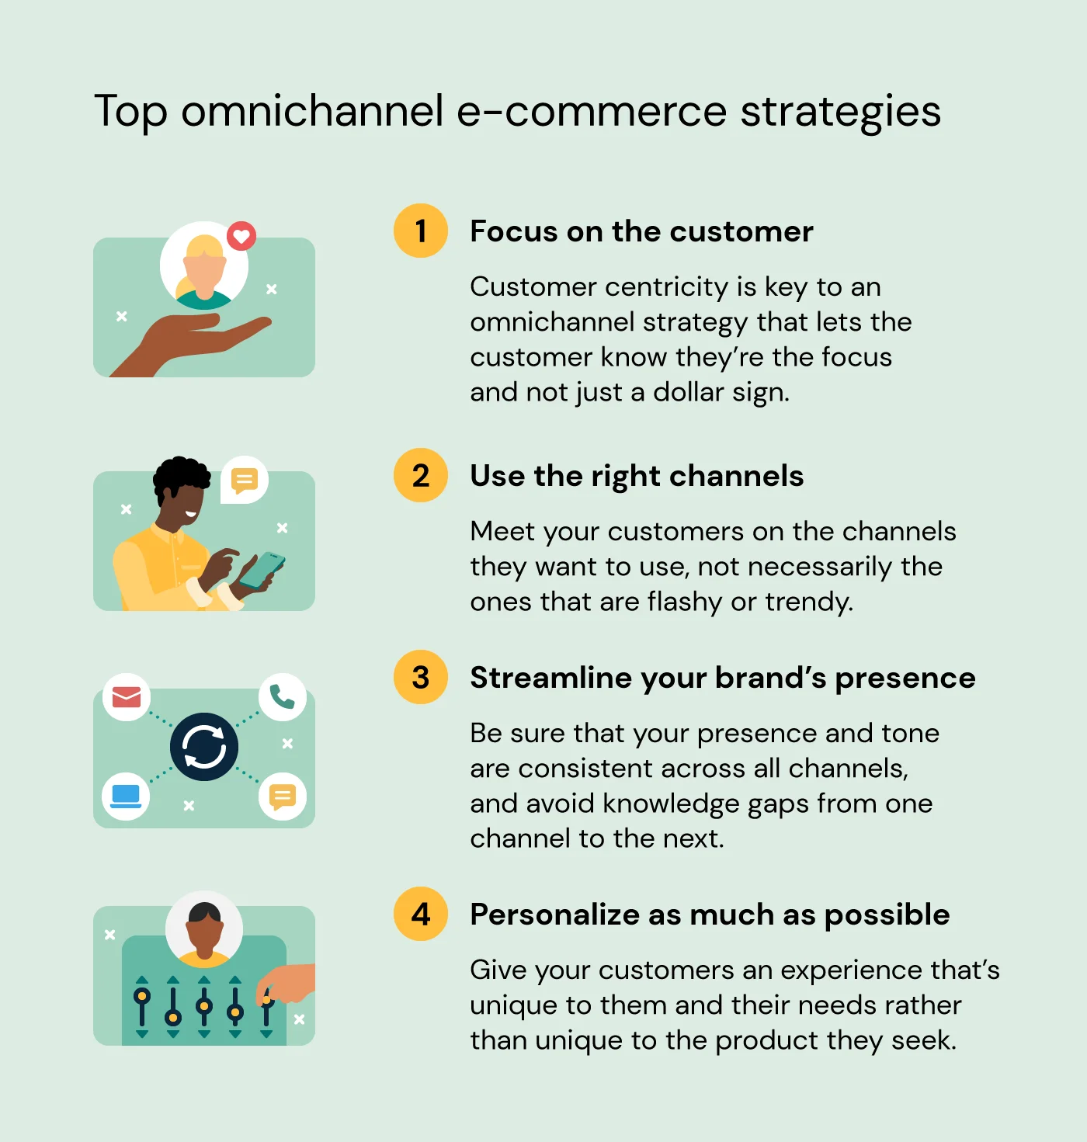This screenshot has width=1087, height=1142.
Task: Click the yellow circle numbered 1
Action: coord(421,231)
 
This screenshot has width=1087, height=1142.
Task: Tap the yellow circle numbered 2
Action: coord(421,475)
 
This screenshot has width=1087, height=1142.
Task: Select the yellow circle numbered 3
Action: coord(421,677)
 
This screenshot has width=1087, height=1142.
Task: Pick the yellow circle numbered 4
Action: coord(421,914)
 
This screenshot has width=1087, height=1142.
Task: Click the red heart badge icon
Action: coord(241,236)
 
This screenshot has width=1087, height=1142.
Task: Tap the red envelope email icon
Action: coord(126,697)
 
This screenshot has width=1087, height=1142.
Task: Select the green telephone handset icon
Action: coord(283,697)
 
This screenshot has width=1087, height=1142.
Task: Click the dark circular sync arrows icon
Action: coord(204,746)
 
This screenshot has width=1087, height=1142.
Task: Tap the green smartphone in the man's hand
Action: coord(262,570)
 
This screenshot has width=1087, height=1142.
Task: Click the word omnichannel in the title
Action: coord(313,110)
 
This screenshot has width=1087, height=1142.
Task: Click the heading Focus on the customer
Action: coord(641,231)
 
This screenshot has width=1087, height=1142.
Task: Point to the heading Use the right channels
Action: coord(637,477)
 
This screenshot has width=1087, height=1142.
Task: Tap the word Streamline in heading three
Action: coord(550,677)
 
